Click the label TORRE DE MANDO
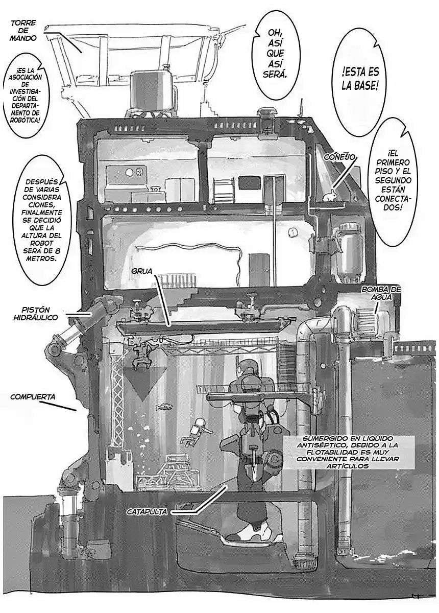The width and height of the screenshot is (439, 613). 23,30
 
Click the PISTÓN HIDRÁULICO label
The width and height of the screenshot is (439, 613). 40,313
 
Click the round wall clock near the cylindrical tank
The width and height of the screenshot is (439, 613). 293,232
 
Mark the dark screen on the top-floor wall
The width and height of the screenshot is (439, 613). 249,182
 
